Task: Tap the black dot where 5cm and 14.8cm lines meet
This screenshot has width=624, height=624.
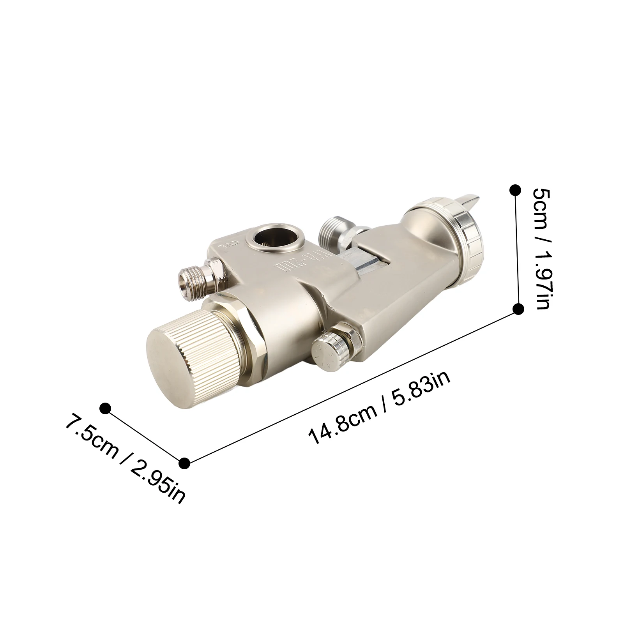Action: click(x=518, y=309)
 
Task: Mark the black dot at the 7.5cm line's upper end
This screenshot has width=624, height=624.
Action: click(x=105, y=408)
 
